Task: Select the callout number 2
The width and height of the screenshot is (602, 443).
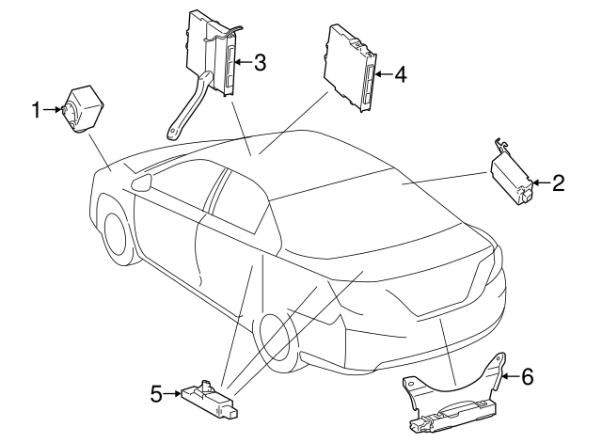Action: pos(558,182)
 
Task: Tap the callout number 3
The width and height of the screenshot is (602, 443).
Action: pos(260,63)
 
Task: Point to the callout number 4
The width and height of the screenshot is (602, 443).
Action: pos(400,74)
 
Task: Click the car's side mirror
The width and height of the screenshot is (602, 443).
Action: pos(143,182)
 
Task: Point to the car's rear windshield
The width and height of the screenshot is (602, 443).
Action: pos(376,226)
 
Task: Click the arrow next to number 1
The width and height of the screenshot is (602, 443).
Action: pos(53,111)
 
